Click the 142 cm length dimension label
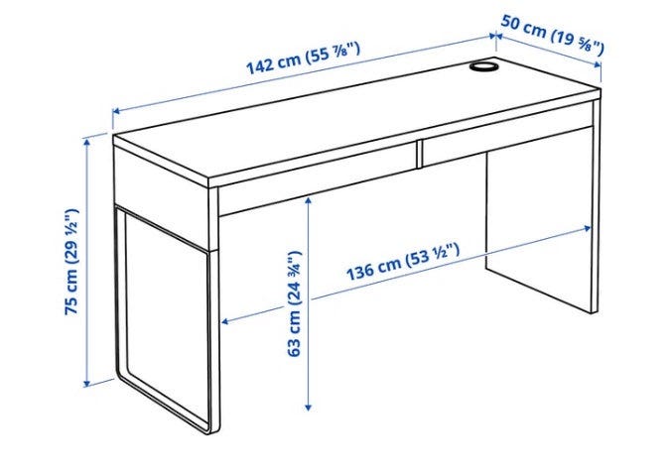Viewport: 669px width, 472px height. point(303,59)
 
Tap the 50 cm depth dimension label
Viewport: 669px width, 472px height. point(553,34)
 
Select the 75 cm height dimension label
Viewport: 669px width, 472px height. point(71,262)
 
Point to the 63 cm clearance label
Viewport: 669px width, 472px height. point(295,303)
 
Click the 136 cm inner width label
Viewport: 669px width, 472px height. point(403,262)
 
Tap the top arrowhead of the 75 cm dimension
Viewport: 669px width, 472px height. point(87,141)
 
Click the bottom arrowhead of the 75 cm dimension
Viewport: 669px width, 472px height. point(87,383)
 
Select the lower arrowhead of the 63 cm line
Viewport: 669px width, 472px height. point(309,408)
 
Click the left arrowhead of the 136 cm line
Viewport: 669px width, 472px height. point(226,321)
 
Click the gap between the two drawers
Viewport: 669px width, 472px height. point(419,154)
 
